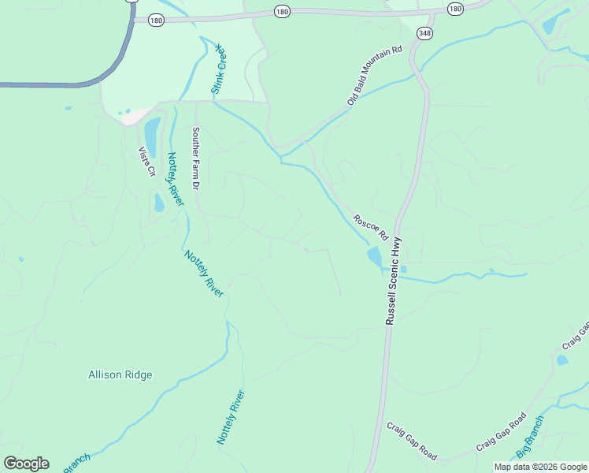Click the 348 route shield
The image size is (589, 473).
(425, 32)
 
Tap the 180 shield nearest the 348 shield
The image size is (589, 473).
(455, 8)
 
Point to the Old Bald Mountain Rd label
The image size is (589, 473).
(375, 76)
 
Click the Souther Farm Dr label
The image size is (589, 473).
(196, 158)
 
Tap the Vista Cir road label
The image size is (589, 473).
(146, 162)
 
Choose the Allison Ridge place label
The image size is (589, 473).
(120, 375)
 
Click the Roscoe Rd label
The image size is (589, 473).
(371, 227)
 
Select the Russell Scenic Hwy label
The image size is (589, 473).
(395, 281)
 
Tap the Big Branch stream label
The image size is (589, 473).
(529, 438)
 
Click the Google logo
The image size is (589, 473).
(26, 464)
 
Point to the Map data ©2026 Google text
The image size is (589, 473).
(541, 467)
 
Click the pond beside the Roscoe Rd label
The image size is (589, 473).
(374, 256)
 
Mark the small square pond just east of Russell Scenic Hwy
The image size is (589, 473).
(403, 269)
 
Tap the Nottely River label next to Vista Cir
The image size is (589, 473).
(175, 179)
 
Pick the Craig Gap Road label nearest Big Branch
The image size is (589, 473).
(501, 433)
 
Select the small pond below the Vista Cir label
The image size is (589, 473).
(159, 203)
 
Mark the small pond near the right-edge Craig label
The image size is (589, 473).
(561, 360)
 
